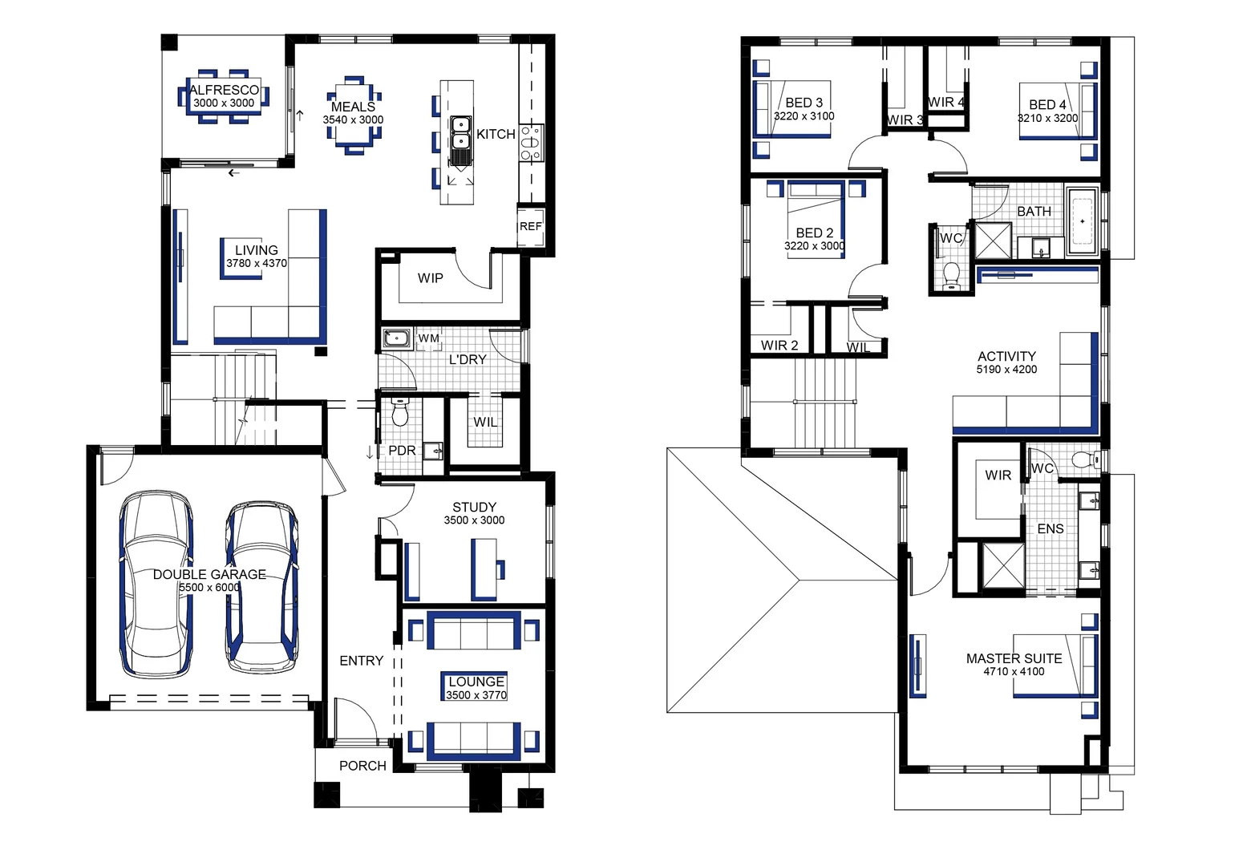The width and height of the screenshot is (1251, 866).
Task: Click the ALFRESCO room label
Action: (x=224, y=90)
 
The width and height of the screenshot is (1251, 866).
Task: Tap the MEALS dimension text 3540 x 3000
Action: (x=353, y=120)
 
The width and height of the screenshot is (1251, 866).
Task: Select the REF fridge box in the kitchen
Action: (x=530, y=227)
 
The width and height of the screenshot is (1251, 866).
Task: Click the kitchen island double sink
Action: (x=460, y=134)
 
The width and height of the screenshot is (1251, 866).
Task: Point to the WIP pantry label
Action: (x=430, y=278)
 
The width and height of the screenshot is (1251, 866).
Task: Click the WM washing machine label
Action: (x=428, y=339)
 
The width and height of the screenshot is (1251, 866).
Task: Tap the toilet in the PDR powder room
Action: (x=399, y=413)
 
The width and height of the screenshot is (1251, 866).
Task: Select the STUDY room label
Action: (x=474, y=507)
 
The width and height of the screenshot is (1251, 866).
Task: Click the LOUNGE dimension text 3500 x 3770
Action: (x=476, y=695)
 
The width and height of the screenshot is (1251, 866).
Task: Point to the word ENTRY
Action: (x=361, y=661)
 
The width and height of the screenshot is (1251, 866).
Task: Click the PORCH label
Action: (x=362, y=766)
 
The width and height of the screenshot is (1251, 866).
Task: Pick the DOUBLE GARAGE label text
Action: (x=209, y=574)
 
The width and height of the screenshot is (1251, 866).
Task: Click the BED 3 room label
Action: (x=804, y=103)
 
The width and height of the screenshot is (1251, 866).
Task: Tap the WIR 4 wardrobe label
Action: (x=946, y=103)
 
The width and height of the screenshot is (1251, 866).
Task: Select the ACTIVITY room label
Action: (x=1006, y=356)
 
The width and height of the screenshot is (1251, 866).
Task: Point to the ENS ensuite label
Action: (x=1050, y=529)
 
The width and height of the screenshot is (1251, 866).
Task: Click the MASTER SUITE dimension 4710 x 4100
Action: (x=1014, y=672)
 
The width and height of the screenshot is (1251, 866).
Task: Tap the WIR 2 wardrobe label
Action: (x=779, y=346)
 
